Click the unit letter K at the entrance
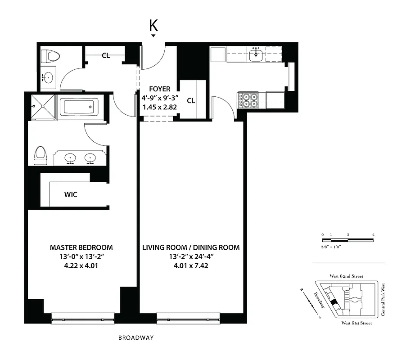(153, 26)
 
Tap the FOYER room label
(160, 89)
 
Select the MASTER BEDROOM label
(81, 247)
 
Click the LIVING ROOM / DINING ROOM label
(191, 247)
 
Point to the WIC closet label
(70, 195)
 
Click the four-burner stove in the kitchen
(248, 100)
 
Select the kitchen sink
(257, 56)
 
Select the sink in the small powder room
(48, 77)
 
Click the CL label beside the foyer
(191, 100)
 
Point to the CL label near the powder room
(106, 56)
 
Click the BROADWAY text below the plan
(136, 337)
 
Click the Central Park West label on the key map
(383, 299)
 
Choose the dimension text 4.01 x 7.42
(191, 265)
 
